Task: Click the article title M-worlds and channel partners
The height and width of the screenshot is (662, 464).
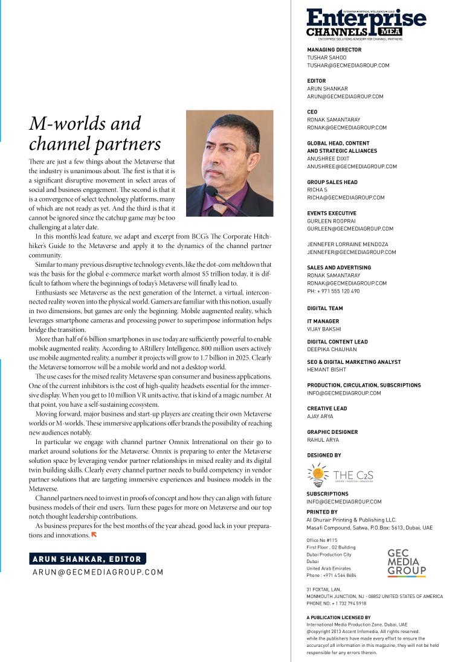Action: point(95,133)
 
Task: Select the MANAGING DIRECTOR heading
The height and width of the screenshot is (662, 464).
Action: point(334,50)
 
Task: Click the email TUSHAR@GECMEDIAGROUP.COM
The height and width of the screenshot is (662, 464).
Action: point(348,65)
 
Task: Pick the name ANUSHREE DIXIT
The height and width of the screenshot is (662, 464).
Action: point(329,159)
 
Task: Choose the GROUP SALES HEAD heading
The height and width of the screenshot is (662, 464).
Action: point(332,182)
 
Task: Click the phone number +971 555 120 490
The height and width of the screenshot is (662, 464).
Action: point(333,291)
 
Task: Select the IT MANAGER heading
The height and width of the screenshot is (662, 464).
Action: point(323,322)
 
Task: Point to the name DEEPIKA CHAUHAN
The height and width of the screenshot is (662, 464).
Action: point(332,349)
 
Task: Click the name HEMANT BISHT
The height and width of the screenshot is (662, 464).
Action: point(327,369)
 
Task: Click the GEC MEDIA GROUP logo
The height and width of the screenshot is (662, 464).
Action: point(407,563)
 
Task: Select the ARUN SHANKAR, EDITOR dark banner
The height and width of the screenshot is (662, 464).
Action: point(87,559)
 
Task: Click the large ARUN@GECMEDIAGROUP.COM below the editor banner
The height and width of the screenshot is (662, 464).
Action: point(98,572)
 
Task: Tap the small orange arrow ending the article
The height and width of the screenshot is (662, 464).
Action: point(94,535)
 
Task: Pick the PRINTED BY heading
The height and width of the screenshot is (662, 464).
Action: point(322,512)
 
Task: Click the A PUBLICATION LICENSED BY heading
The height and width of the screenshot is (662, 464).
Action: point(339,617)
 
